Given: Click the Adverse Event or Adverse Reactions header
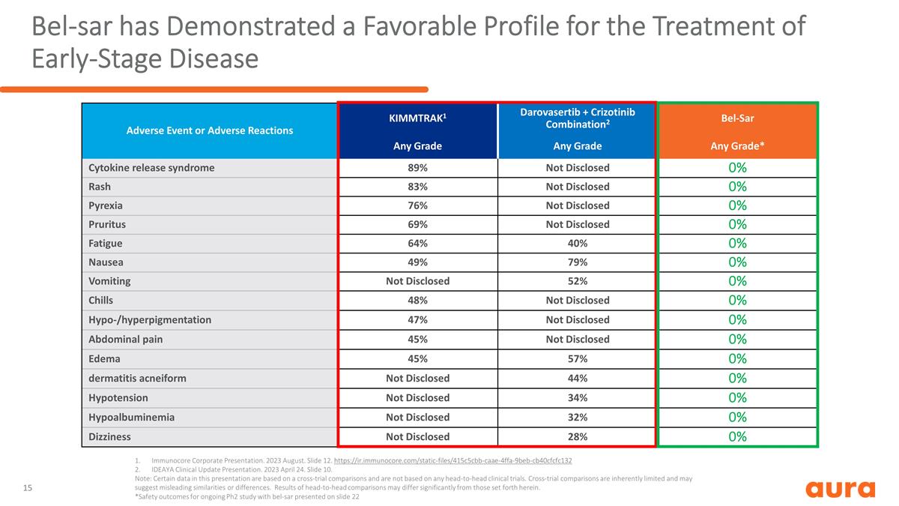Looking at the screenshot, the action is coord(210,130).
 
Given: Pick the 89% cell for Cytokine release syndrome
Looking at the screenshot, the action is coord(417,168).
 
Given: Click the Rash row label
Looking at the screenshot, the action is coord(100,187).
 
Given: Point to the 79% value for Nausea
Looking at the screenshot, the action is coord(578,262).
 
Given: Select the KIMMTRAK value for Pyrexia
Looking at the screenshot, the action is coord(417,205).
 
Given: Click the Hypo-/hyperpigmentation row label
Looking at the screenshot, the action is coord(150,319).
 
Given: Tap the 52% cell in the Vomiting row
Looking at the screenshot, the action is coord(578,281).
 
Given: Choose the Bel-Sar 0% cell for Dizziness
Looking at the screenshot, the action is coord(737,436).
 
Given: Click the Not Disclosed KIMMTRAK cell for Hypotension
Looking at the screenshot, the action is coord(417,397).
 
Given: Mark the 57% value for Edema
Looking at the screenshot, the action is coord(578,358).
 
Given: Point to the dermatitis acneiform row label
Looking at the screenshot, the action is coord(137,379).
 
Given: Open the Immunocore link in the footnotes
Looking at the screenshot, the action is coord(452,460).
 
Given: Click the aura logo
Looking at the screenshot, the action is coord(841,489).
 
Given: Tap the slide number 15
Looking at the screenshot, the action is coord(27,488).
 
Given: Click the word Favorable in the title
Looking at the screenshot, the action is coord(420,26).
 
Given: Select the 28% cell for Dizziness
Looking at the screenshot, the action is coord(578,436).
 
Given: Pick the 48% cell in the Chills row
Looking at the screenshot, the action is coord(417,301).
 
